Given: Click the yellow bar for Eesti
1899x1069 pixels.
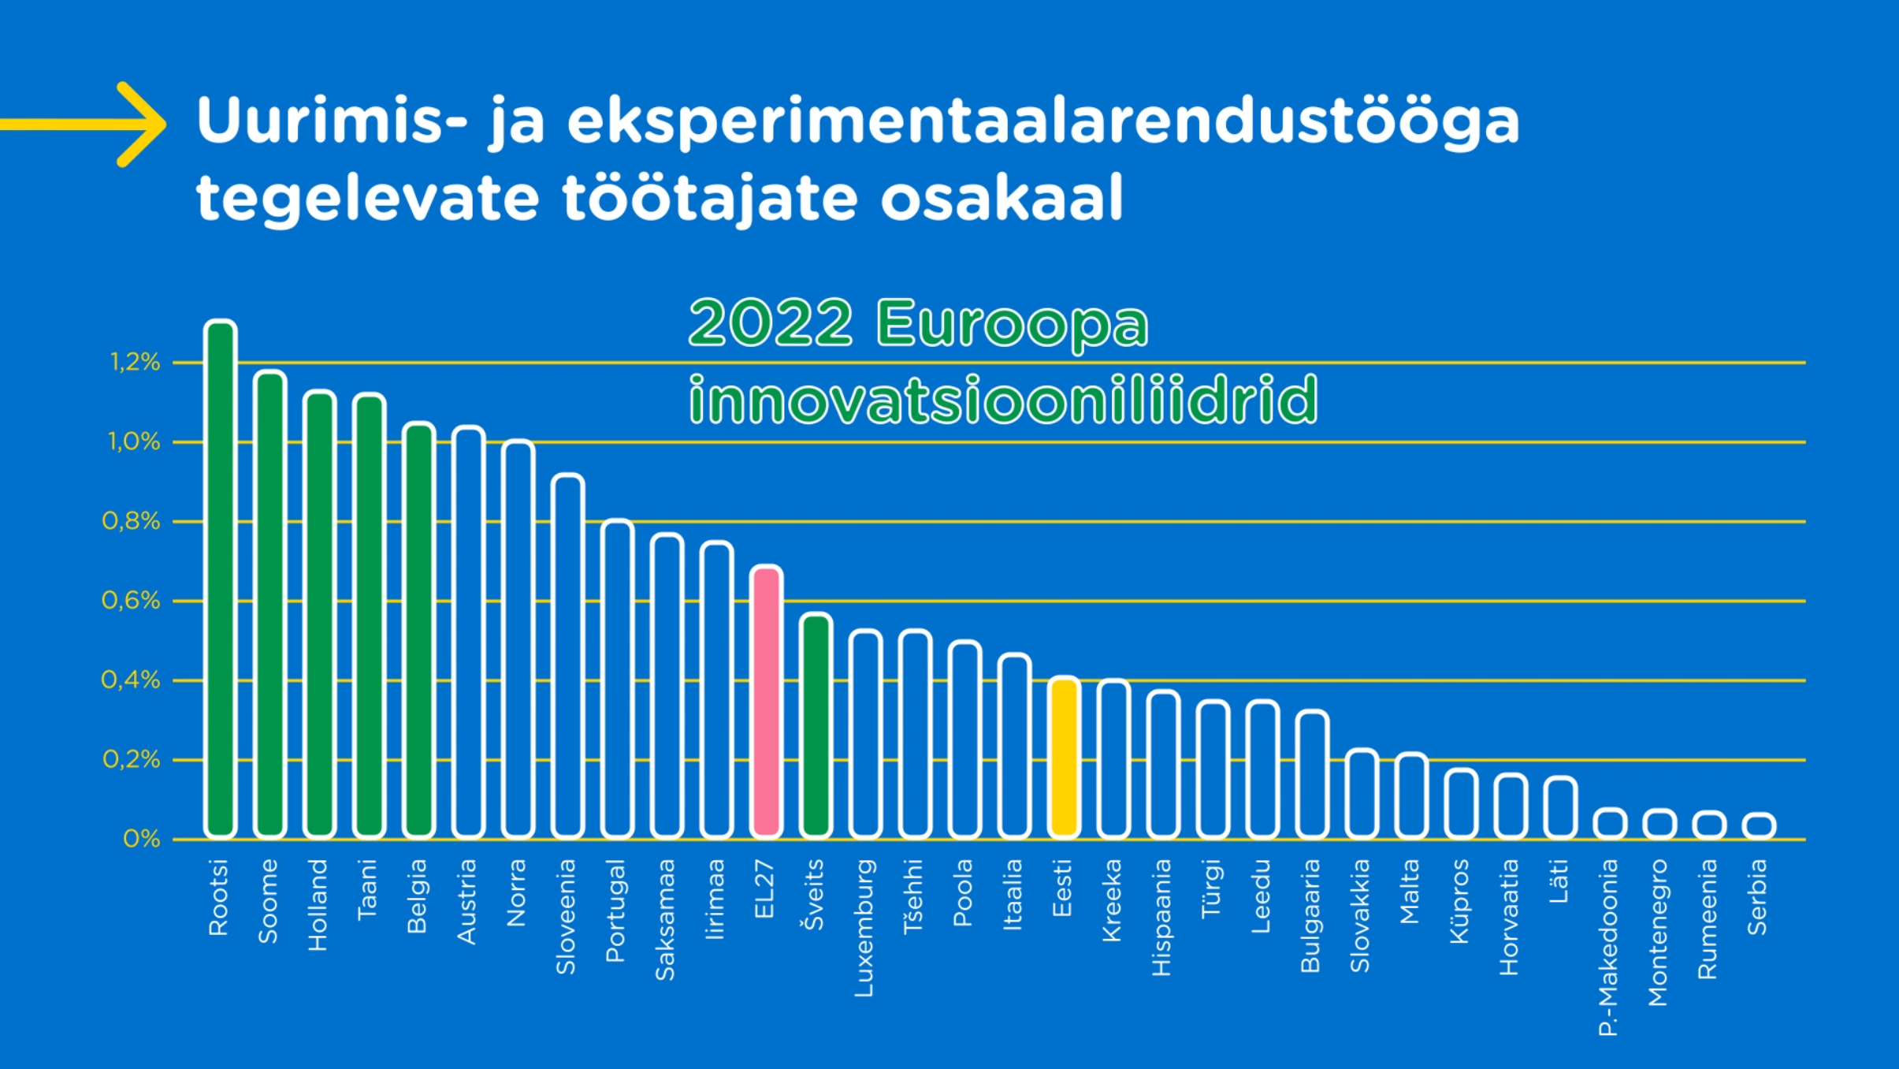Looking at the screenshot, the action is click(1064, 757).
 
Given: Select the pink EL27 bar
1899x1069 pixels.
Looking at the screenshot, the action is click(766, 702).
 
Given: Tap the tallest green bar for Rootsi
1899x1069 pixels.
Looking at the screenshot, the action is click(221, 579).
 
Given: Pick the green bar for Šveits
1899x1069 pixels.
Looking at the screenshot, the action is click(816, 725).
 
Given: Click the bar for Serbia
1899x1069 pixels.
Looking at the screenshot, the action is click(1759, 825).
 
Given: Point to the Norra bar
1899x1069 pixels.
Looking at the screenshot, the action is click(518, 639).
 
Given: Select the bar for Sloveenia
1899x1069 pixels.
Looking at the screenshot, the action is click(567, 656).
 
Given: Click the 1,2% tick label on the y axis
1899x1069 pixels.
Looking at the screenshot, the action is click(135, 363).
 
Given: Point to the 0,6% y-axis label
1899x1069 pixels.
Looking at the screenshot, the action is click(131, 601).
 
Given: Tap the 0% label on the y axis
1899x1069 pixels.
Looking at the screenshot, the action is click(142, 839).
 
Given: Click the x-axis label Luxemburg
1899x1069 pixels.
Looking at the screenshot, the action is click(864, 928).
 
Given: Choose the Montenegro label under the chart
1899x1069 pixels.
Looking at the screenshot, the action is click(1658, 933).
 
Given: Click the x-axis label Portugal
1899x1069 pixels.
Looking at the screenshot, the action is click(615, 911).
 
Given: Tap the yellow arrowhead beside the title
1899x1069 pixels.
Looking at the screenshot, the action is click(142, 125).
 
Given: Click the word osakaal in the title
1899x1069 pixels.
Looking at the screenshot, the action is click(1002, 198).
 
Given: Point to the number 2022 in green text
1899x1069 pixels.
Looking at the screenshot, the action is click(771, 322).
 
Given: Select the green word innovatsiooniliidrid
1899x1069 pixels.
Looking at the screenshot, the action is click(1003, 400).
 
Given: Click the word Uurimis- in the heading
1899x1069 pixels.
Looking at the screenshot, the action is click(332, 121).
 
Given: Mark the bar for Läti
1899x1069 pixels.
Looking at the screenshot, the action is click(1560, 807).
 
